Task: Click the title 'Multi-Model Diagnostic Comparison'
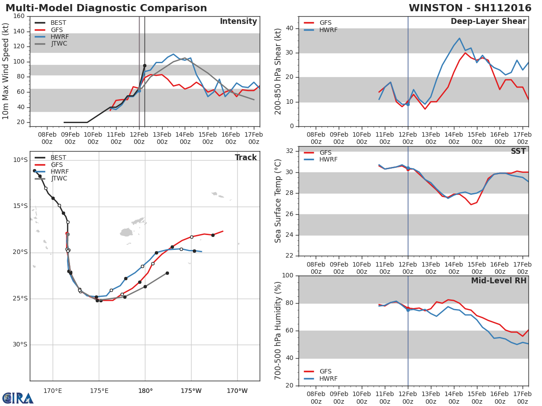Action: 106,8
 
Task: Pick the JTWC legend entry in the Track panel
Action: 59,179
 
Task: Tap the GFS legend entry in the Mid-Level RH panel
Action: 325,371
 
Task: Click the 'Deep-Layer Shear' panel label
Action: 488,22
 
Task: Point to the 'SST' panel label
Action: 518,151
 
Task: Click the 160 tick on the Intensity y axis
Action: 19,16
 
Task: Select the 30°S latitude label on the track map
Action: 19,345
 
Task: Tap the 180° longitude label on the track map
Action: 145,391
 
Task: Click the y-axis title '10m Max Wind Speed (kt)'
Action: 6,71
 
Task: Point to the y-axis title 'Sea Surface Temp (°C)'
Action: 278,201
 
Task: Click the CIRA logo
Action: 18,398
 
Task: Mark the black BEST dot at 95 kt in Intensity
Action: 145,65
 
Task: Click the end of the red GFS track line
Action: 223,231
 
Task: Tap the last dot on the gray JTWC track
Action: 167,273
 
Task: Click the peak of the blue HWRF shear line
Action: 459,38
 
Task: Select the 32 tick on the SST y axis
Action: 289,151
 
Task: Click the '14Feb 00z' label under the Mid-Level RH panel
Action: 453,398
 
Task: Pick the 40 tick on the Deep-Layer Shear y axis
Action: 289,28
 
